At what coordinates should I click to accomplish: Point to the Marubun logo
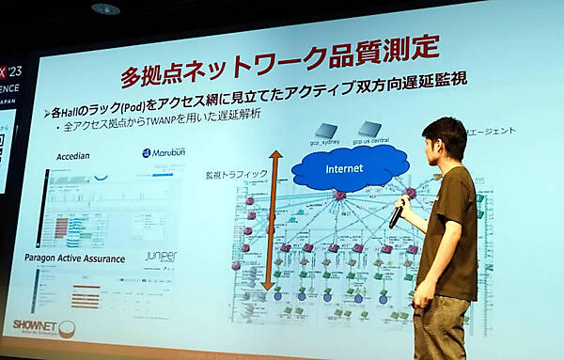pos(164,152)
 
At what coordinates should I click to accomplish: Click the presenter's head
pos(443,141)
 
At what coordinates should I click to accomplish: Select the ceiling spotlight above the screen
pos(105,8)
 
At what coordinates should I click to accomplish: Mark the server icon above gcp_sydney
pos(325,130)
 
